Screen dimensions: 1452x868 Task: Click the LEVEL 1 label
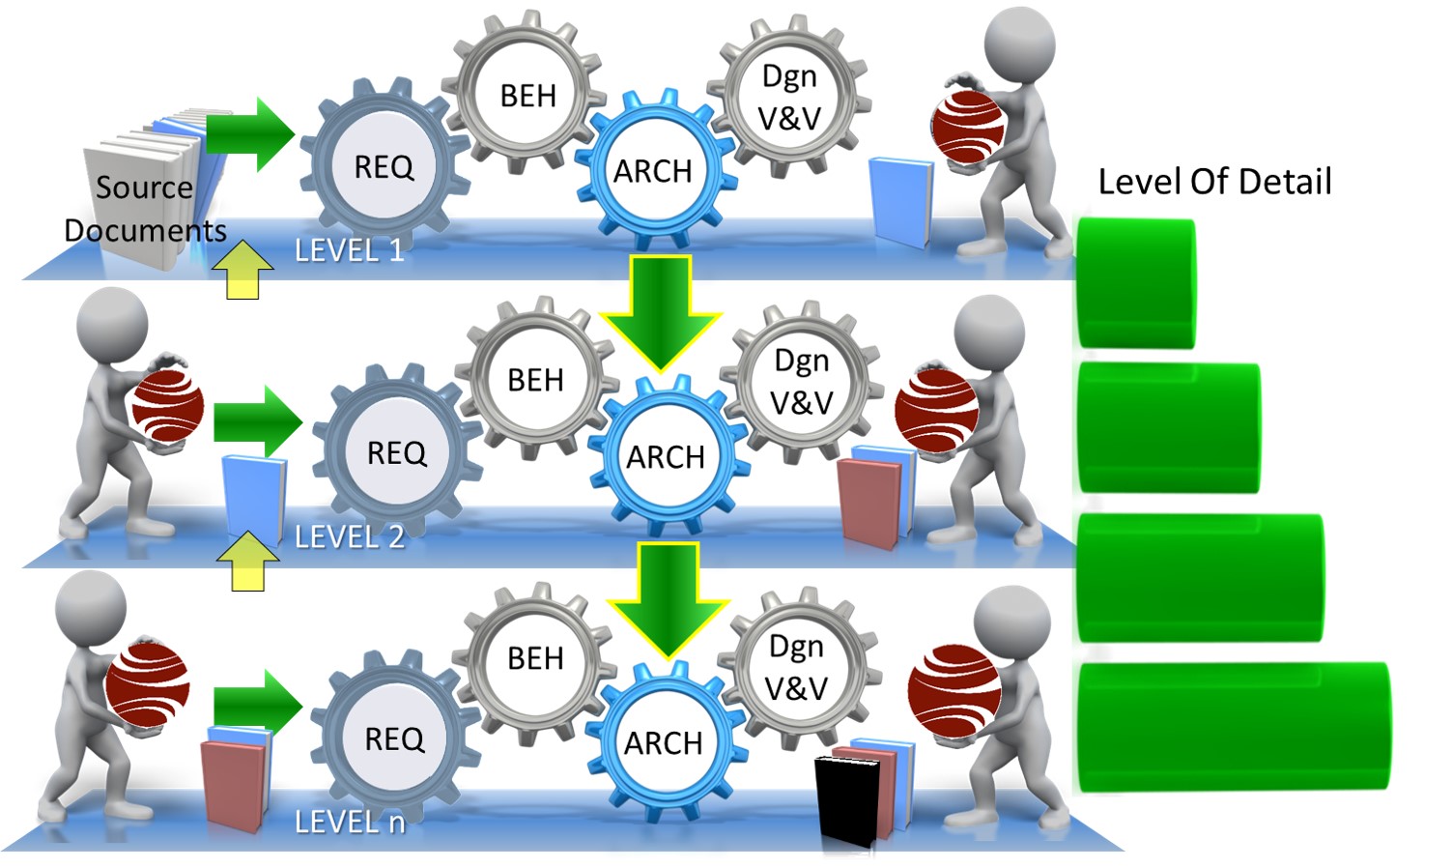tap(350, 250)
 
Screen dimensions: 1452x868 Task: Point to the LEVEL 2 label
tap(350, 537)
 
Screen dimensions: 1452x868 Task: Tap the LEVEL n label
tap(350, 823)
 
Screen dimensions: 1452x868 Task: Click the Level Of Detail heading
tap(1214, 181)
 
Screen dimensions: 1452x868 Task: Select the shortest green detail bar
tap(1136, 283)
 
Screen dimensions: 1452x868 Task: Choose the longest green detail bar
tap(1235, 727)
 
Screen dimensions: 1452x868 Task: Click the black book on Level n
tap(847, 802)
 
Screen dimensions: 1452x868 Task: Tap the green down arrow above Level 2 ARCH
tap(661, 312)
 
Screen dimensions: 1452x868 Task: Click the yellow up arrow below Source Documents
tap(242, 270)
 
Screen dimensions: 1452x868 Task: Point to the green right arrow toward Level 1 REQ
tap(250, 135)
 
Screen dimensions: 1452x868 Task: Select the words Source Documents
tap(145, 209)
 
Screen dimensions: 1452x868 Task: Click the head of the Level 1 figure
tap(1019, 43)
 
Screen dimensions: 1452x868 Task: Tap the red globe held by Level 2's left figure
tap(168, 406)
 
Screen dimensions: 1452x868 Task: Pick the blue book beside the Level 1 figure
tap(901, 202)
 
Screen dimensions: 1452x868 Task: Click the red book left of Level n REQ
tap(234, 786)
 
